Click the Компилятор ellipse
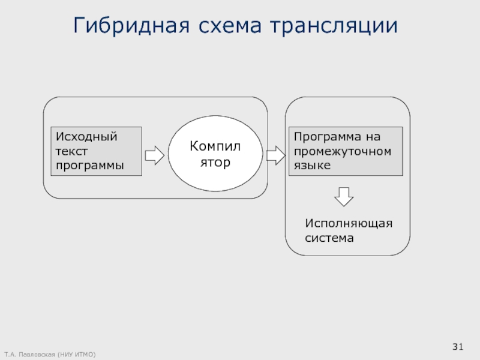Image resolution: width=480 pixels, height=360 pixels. coord(215,154)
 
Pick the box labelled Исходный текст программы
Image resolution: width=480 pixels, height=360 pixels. coord(96,151)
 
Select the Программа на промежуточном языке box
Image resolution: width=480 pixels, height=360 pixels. coord(346,151)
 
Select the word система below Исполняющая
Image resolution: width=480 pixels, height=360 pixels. coord(329,238)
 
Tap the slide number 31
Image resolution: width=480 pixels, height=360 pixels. coord(458,346)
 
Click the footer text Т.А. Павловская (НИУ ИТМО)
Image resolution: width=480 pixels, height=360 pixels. coord(49,355)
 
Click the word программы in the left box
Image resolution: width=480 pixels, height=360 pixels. coord(89,165)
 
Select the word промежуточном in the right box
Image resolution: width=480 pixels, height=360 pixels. coord(342,151)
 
